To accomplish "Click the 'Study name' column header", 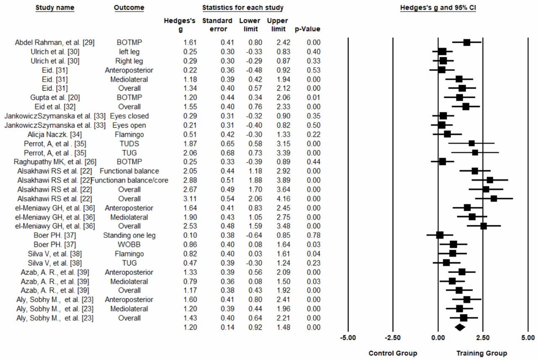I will (x=55, y=8).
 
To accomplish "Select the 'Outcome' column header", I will (x=129, y=8).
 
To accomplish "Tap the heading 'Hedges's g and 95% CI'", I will (x=438, y=8).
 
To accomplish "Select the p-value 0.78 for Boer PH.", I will (x=313, y=235).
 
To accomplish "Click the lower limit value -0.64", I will (x=253, y=235).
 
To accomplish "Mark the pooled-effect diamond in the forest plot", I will (x=459, y=327).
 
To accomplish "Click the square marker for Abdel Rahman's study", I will (x=467, y=42).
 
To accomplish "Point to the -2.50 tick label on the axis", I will (x=393, y=337).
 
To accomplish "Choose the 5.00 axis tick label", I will (x=527, y=337).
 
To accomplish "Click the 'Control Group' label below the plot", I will (x=393, y=353).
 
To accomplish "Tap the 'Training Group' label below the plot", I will (x=482, y=353).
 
